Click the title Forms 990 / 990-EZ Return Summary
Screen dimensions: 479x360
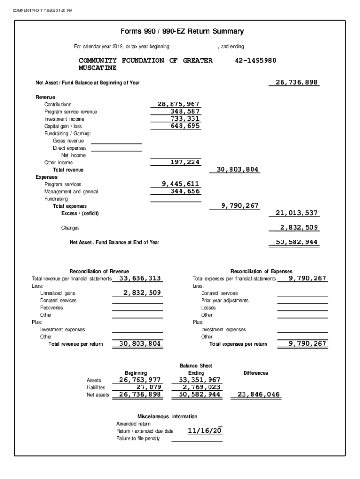[182, 32]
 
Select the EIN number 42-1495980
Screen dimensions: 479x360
[255, 61]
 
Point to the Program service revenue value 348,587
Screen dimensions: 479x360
[185, 111]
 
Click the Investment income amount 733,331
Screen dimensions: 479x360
[185, 119]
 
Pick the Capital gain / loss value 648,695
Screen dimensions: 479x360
[185, 126]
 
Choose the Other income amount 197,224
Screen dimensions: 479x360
[185, 162]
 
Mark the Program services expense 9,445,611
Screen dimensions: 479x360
[180, 184]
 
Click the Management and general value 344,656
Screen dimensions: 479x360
[185, 191]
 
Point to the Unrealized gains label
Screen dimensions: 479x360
[58, 293]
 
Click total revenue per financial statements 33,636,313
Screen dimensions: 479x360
[140, 278]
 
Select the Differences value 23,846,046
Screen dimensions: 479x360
[259, 395]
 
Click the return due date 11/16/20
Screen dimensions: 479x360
[205, 430]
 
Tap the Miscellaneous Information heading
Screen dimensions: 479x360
[167, 416]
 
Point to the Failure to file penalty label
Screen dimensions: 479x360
[138, 438]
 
